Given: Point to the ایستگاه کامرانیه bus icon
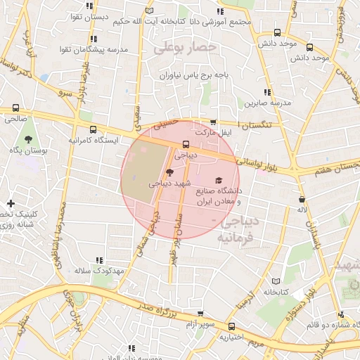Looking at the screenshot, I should [x=94, y=129].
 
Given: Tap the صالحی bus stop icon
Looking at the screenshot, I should [x=15, y=108].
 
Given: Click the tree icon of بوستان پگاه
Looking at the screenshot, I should [x=28, y=140].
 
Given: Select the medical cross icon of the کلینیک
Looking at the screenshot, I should [x=10, y=203].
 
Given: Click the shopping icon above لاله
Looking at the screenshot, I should [x=302, y=199].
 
